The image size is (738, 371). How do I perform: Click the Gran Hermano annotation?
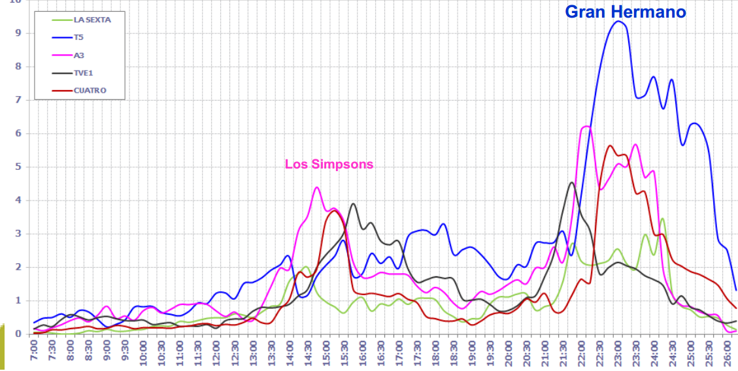625,11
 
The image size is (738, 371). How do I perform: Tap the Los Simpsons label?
329,164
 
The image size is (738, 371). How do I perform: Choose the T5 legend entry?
78,38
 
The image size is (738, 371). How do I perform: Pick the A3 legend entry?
78,56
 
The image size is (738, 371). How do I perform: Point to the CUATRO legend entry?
90,91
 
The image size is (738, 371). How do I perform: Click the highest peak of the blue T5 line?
618,22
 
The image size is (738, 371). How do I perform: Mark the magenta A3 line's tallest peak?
586,126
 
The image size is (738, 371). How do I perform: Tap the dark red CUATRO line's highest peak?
610,146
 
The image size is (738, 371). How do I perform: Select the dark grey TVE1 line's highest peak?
571,183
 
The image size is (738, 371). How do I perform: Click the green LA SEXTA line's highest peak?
662,218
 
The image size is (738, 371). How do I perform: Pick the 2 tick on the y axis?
18,267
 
